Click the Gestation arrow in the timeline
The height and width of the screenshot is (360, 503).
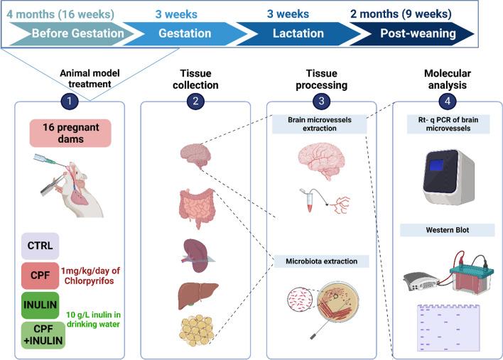186,33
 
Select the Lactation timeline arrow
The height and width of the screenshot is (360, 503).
299,33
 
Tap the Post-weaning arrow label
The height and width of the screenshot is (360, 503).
418,33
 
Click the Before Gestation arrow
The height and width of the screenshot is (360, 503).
75,33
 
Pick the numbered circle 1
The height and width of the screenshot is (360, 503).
70,102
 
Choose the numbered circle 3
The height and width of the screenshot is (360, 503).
321,102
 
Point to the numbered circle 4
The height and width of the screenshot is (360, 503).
448,102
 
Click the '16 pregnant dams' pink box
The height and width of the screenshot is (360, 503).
70,133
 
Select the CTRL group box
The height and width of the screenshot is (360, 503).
40,246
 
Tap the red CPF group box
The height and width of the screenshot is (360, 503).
40,276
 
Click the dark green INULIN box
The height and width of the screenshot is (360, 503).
40,305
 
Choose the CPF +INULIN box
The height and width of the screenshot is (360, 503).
43,335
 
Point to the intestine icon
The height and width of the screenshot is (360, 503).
196,208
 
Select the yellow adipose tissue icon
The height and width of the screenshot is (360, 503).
197,330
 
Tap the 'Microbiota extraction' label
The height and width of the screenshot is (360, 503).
321,261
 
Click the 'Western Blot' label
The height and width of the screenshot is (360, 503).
448,230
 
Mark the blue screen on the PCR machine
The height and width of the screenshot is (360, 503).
437,165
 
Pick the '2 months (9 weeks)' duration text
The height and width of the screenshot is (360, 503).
401,14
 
